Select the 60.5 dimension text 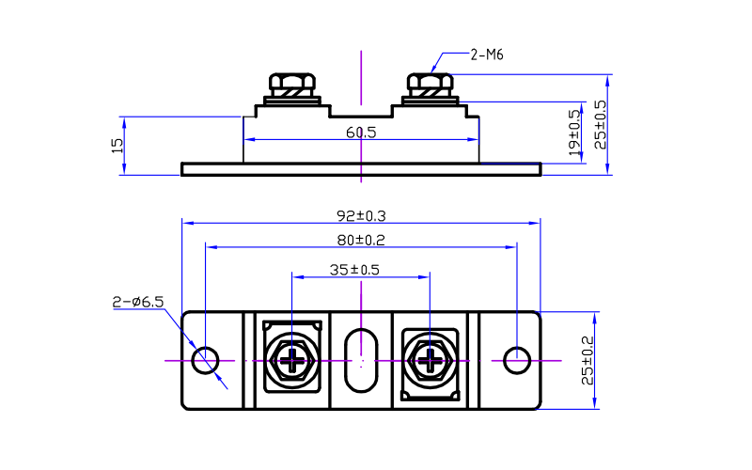tap(360, 133)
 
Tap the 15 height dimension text tap(117, 145)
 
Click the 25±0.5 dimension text tap(600, 124)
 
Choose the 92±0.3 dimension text tap(361, 215)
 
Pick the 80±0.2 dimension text tap(361, 240)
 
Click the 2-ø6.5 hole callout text tap(138, 302)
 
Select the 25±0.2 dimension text tap(588, 360)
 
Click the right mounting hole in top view tap(516, 360)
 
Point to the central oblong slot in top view tap(361, 360)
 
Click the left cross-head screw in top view tap(294, 360)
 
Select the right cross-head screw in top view tap(431, 360)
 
